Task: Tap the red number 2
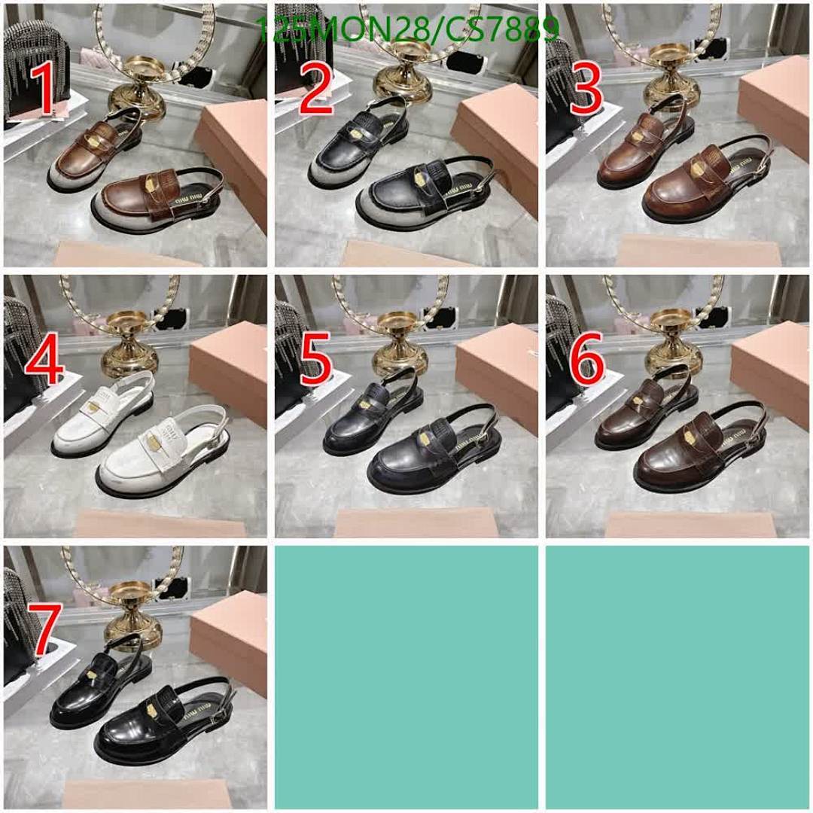tap(316, 89)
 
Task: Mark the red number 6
tap(587, 362)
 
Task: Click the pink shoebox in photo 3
tap(775, 113)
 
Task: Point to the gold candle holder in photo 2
tap(406, 72)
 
